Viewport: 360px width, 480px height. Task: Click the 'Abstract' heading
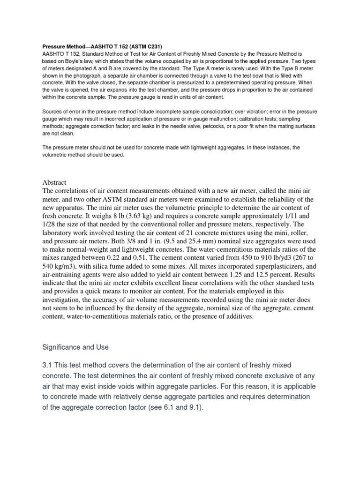pyautogui.click(x=55, y=182)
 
